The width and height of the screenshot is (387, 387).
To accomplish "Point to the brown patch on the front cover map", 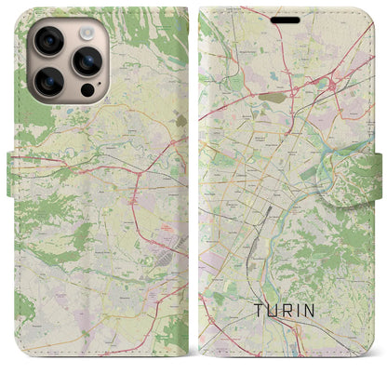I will click(276, 97).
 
